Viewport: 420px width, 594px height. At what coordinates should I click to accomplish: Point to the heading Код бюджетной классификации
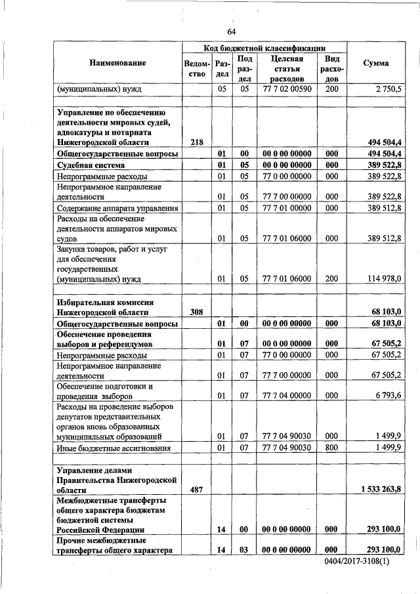pyautogui.click(x=264, y=48)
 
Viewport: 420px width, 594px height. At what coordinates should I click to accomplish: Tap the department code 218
pyautogui.click(x=196, y=142)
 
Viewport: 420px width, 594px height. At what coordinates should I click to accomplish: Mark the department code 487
pyautogui.click(x=196, y=490)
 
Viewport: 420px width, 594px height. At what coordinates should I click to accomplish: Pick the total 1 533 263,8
pyautogui.click(x=381, y=490)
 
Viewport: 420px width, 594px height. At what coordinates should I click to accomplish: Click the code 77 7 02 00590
pyautogui.click(x=286, y=88)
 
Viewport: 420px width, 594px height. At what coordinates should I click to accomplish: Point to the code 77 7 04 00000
pyautogui.click(x=286, y=396)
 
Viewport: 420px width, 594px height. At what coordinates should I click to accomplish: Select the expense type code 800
pyautogui.click(x=331, y=448)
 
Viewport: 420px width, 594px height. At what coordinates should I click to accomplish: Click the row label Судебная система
pyautogui.click(x=90, y=165)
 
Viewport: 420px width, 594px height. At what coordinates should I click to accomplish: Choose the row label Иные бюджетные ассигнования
pyautogui.click(x=114, y=448)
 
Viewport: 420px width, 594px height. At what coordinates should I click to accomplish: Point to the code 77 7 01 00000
pyautogui.click(x=286, y=208)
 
